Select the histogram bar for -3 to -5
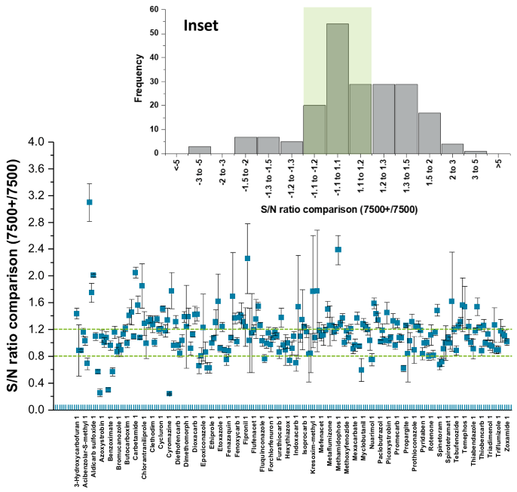199,150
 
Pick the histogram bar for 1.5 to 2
429,134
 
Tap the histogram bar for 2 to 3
452,149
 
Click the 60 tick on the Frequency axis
154,10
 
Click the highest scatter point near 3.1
90,202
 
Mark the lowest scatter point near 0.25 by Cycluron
169,393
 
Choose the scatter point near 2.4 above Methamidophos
338,250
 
